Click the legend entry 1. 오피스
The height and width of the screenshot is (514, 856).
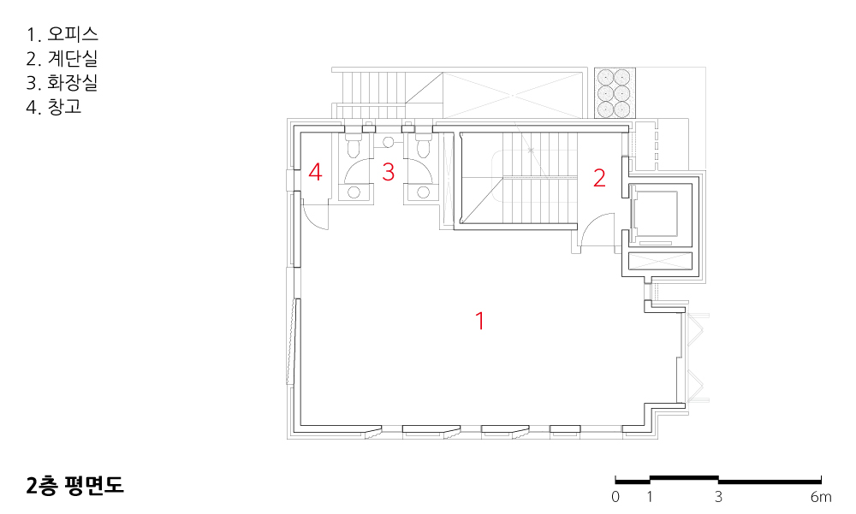point(62,35)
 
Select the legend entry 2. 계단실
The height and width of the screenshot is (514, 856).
point(62,59)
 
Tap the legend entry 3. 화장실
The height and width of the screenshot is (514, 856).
point(62,83)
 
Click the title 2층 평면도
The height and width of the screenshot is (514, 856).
point(75,486)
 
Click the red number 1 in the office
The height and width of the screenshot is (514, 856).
point(480,321)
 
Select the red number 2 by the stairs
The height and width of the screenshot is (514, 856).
point(599,178)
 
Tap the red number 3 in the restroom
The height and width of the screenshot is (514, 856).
point(388,172)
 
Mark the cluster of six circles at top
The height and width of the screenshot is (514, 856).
point(614,93)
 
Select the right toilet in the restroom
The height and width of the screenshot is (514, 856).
point(421,147)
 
